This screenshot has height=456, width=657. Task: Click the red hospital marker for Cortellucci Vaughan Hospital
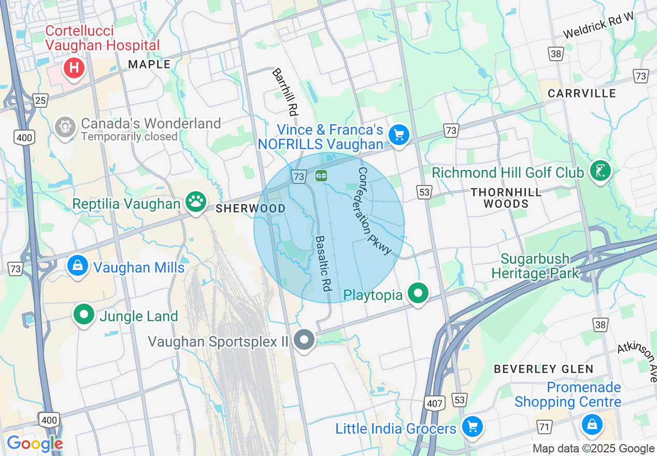(x=74, y=68)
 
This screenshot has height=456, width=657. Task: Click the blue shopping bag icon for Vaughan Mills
(x=77, y=266)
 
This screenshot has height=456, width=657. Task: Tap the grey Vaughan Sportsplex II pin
(x=304, y=340)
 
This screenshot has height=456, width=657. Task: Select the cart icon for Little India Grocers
(x=472, y=427)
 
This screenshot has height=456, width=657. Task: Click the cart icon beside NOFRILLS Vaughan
(x=398, y=135)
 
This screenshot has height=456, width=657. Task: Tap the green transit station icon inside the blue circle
(x=321, y=176)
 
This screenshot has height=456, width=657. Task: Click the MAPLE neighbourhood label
(x=149, y=64)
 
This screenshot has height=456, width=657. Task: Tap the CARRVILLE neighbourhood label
(x=582, y=93)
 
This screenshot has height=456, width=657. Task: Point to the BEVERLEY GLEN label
(x=543, y=369)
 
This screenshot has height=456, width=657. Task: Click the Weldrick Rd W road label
(x=598, y=26)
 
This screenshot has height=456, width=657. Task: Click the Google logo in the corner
(x=34, y=444)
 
